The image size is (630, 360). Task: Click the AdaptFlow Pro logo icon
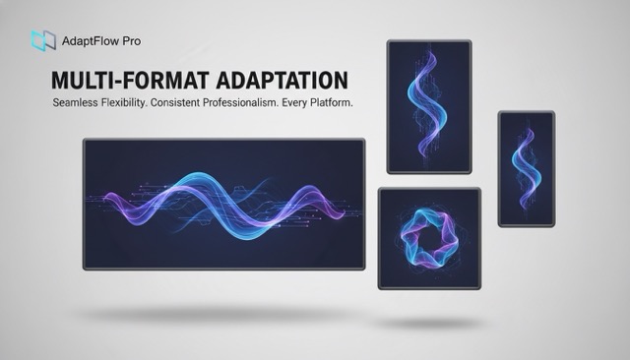coord(43,40)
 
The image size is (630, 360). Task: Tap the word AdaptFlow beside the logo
coord(97,41)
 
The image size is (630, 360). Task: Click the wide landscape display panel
coord(223,203)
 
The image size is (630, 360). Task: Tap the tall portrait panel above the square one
coord(429,106)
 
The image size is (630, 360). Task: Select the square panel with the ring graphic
coord(429,239)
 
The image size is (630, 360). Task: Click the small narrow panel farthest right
coord(526,168)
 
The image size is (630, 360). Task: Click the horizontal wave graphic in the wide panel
coord(224,203)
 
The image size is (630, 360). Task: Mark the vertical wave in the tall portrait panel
coord(429,104)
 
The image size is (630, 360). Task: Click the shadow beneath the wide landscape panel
coord(223,314)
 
